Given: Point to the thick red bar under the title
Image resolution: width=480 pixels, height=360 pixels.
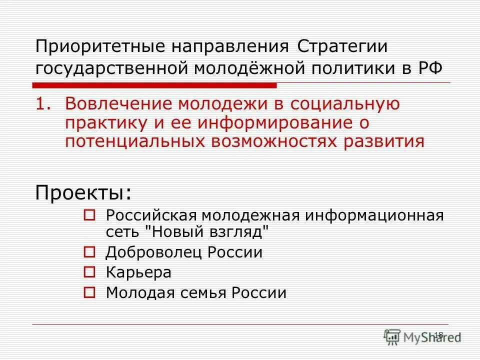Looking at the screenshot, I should pos(155,85).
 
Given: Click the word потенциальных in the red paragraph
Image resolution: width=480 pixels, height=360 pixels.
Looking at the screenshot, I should pos(135,141).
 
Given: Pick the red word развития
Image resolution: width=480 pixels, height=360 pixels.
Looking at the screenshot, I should pos(383,141).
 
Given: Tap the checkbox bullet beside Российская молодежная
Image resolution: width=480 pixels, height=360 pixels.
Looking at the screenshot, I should pos(89,215).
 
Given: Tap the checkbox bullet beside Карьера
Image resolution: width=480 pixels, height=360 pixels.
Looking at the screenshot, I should pos(89,272).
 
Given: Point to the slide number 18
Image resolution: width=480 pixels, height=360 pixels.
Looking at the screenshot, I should pos(438,335).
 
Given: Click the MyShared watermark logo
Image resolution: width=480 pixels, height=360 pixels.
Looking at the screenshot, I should pos(422,337).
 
